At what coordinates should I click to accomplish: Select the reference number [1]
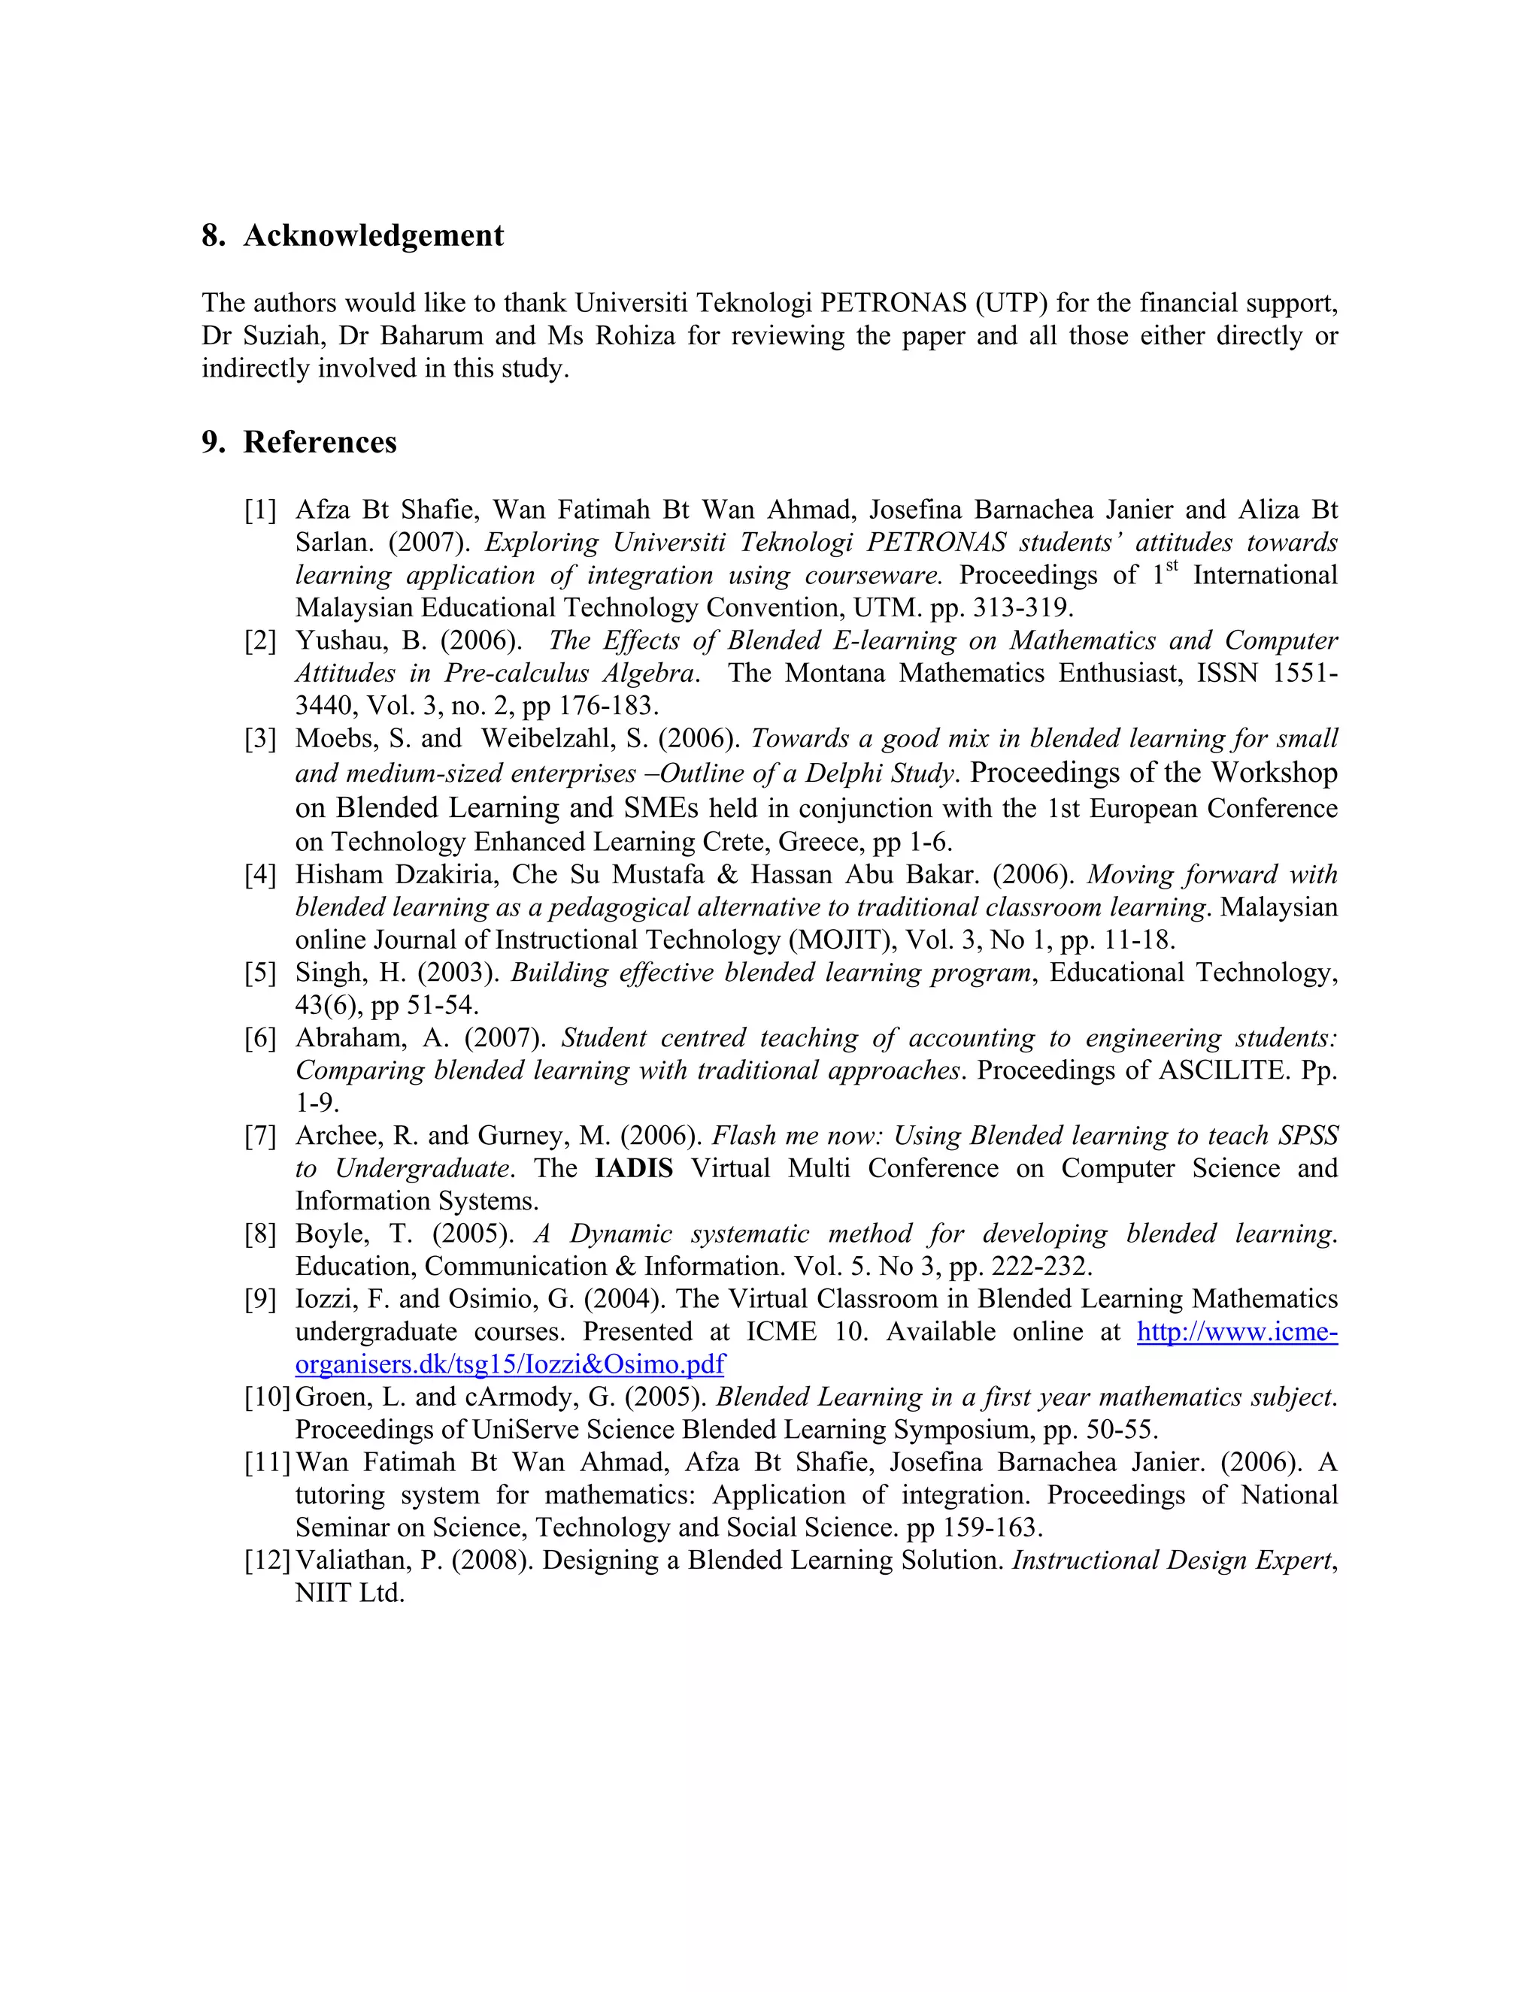(x=260, y=510)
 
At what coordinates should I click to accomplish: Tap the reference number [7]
(x=260, y=1137)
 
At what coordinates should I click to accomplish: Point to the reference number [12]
(x=266, y=1561)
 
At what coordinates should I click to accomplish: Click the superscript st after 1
(x=1172, y=567)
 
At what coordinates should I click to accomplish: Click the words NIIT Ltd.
(x=350, y=1594)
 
